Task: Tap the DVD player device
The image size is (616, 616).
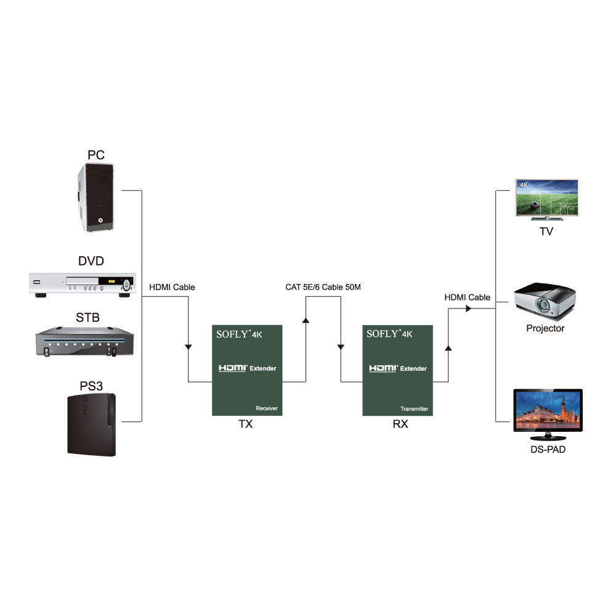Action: coord(81,285)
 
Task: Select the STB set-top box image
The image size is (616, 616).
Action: coord(85,342)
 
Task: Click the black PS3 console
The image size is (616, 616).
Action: coord(92,426)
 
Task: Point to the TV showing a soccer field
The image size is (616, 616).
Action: coord(546,200)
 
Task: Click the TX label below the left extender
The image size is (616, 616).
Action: coord(245,424)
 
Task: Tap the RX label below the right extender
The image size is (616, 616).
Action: coord(400,424)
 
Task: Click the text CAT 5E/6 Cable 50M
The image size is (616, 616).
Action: coord(323,287)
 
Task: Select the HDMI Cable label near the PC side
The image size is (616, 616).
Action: coord(172,287)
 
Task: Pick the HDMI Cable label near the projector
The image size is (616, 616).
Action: coord(468,298)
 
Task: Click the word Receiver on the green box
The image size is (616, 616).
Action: coord(267,408)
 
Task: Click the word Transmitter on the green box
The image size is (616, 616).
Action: coord(414,408)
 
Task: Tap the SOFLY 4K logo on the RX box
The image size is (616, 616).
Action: coord(389,334)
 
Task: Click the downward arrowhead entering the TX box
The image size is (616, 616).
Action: coord(188,348)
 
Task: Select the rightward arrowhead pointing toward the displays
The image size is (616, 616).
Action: coord(468,308)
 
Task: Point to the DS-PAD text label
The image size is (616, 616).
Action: coord(548,450)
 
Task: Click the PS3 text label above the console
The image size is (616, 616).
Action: coord(91,386)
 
